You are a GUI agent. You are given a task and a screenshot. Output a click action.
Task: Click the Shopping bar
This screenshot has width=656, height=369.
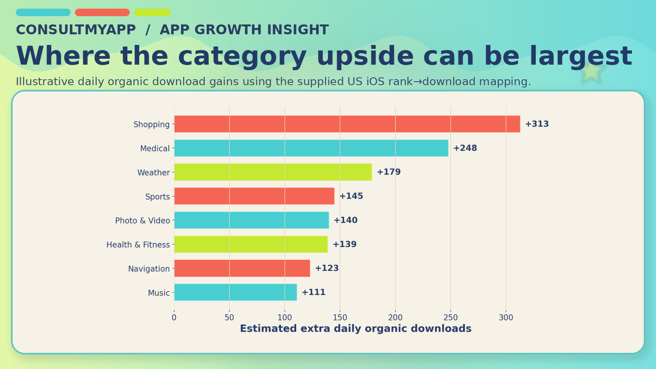tap(347, 124)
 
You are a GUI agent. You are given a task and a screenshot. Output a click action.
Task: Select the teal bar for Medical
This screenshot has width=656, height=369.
tap(311, 148)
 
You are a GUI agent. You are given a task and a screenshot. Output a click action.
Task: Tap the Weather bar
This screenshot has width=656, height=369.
tap(273, 172)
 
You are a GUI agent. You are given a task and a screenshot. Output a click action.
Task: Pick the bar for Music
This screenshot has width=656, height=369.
tap(235, 292)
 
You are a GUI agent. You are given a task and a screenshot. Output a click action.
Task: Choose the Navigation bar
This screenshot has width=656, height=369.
tap(242, 268)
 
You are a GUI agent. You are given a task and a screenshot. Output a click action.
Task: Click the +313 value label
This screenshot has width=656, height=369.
tap(537, 124)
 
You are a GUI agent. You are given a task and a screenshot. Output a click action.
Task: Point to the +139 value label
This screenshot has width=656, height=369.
tap(344, 244)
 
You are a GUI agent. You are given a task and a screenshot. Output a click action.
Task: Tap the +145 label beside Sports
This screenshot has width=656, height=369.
tap(351, 196)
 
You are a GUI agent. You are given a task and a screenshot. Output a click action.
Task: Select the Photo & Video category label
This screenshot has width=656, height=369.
tap(142, 220)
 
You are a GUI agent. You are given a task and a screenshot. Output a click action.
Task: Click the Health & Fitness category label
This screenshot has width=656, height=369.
tap(138, 244)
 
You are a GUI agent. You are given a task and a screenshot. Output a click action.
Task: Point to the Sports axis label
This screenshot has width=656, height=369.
tap(157, 196)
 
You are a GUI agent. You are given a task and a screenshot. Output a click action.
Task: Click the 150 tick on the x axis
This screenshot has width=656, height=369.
tap(340, 317)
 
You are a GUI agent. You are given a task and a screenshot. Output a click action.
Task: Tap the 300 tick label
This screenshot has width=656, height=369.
tap(506, 317)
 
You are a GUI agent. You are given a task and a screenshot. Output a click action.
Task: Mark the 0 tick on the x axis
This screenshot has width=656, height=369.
tap(174, 317)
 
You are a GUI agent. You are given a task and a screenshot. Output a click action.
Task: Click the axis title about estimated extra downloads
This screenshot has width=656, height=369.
tap(356, 328)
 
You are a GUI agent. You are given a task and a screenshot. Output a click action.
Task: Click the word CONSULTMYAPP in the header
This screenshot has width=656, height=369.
tap(76, 30)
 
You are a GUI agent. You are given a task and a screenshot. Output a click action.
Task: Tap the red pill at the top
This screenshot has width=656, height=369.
tap(102, 12)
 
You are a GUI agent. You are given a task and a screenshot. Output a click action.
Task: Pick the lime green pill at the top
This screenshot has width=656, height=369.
tap(152, 12)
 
